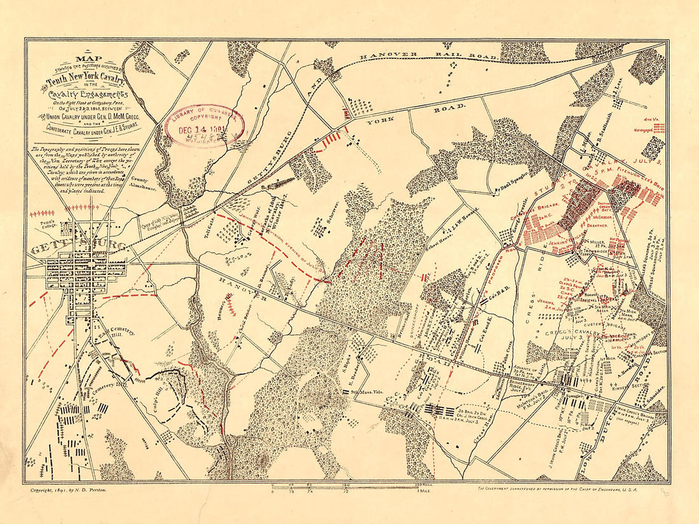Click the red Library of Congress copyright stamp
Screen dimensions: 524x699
(x=203, y=125)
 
